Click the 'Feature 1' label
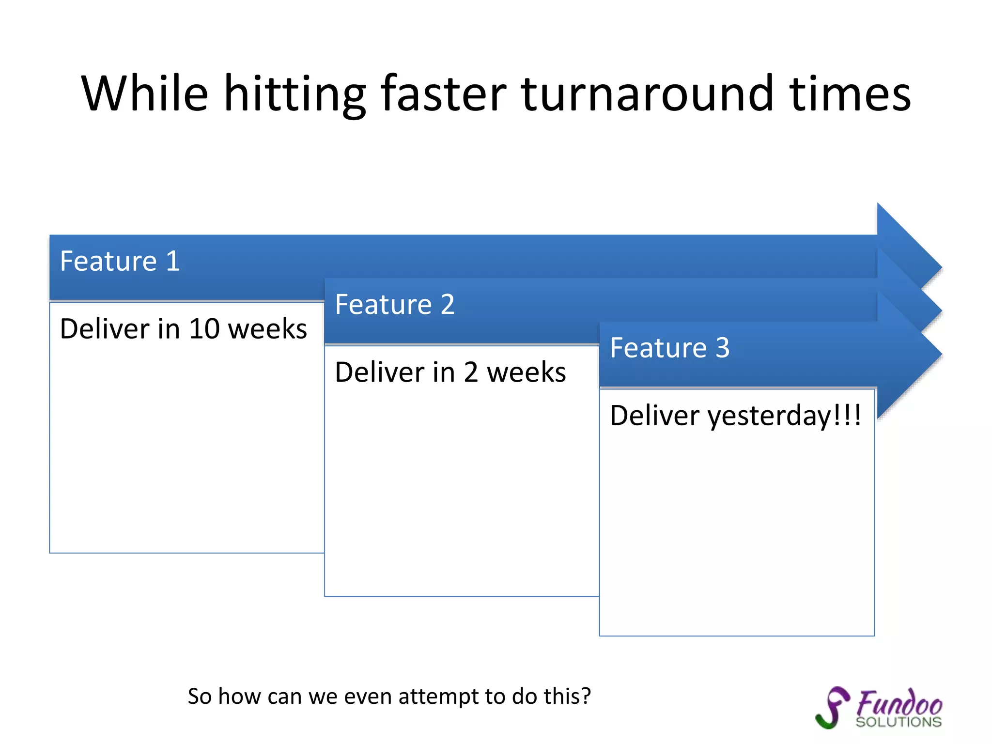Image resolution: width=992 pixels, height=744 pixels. [120, 261]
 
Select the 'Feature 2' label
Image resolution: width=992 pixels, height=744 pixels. [395, 304]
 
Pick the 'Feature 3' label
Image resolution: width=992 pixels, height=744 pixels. [669, 347]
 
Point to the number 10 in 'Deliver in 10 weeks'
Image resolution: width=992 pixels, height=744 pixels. [204, 329]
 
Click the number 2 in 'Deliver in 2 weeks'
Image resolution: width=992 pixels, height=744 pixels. [471, 372]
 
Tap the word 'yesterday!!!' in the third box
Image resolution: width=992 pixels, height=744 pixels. [785, 416]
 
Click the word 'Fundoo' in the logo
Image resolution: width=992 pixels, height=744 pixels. [899, 703]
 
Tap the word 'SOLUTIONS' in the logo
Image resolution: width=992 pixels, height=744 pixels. [899, 722]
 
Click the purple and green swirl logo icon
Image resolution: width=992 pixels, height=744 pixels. [832, 707]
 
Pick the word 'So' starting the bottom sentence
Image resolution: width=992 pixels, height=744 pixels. [200, 697]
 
